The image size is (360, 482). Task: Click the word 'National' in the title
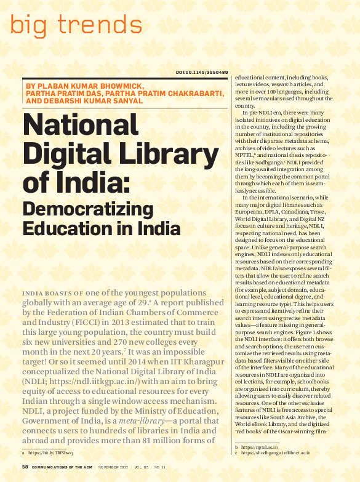pos(81,127)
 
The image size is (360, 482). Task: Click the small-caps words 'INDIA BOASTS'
pos(44,294)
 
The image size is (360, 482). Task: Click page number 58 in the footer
pos(25,467)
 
